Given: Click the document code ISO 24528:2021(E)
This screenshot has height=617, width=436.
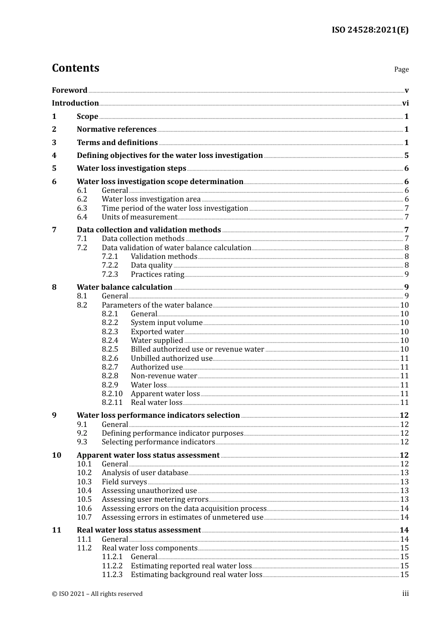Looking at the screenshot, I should tap(370, 30).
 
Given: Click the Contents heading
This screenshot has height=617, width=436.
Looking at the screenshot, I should tap(75, 68).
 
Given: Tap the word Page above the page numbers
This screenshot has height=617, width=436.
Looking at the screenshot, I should tap(401, 69).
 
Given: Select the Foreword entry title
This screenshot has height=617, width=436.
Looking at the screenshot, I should tap(69, 90).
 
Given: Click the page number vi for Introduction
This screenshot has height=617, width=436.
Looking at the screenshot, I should tap(405, 103).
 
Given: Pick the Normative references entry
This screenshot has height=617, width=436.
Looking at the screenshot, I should tap(117, 129).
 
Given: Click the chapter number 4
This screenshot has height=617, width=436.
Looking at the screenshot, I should tap(54, 156).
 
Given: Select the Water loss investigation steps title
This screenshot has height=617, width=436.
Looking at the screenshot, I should tap(131, 168).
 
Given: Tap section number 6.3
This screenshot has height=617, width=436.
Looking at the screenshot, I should tap(82, 208).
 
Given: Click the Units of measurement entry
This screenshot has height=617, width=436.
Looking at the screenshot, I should tap(139, 217).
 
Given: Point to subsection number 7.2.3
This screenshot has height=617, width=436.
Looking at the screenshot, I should tap(110, 275).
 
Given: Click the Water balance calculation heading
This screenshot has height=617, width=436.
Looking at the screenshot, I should tap(124, 287).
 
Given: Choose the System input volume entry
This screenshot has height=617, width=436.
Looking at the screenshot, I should tap(166, 323).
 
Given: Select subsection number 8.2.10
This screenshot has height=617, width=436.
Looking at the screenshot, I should tap(112, 394).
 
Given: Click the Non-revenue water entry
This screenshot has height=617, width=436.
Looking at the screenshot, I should tap(164, 376).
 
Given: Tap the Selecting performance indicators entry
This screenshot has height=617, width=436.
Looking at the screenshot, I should tap(158, 442).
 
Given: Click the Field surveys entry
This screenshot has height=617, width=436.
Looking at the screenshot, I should tap(124, 482).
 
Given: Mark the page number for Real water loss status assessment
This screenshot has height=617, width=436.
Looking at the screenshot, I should tap(404, 530).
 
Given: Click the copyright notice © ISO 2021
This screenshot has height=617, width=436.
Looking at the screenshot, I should tap(97, 594).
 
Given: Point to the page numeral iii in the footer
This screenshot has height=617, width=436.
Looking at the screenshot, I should tap(405, 594).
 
